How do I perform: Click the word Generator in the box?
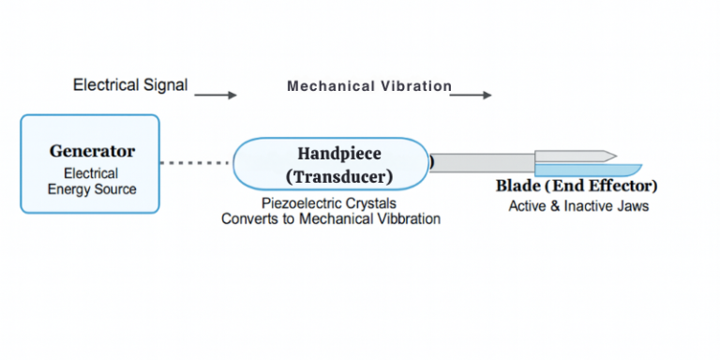(92, 151)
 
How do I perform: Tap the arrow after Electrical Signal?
(215, 95)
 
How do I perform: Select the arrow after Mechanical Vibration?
(472, 95)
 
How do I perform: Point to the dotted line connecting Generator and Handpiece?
(196, 163)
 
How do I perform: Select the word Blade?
(517, 186)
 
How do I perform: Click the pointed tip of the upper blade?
(612, 155)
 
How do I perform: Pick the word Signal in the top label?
(166, 85)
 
